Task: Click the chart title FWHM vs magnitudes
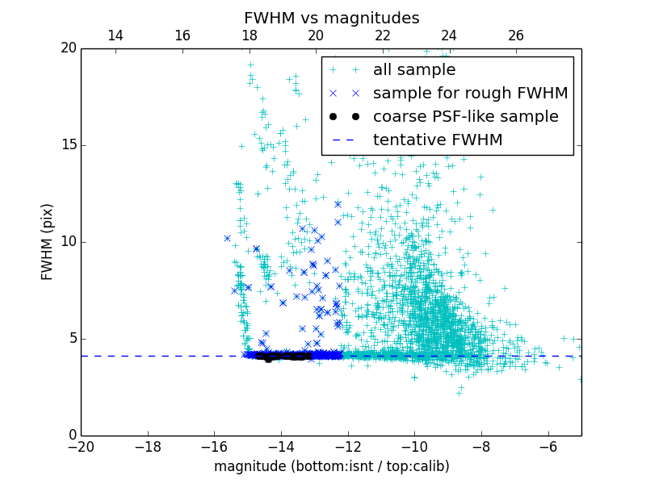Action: (x=331, y=18)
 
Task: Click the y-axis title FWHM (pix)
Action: (x=48, y=241)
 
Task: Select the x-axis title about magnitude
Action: (x=331, y=466)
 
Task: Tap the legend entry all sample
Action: (x=414, y=70)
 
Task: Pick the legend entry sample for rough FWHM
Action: (x=470, y=94)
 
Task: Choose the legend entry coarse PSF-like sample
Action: (x=465, y=117)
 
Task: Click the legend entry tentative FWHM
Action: (x=438, y=140)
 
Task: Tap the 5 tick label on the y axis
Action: (x=71, y=339)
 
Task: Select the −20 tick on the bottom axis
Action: (x=81, y=446)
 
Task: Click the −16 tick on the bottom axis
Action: (x=214, y=446)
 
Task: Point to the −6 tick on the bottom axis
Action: (x=548, y=446)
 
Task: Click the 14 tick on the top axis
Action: (x=115, y=35)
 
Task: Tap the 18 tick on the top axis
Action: (x=249, y=35)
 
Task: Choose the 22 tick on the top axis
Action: (x=383, y=35)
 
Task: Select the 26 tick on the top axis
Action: (x=516, y=35)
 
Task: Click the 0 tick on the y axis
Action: (x=71, y=436)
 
